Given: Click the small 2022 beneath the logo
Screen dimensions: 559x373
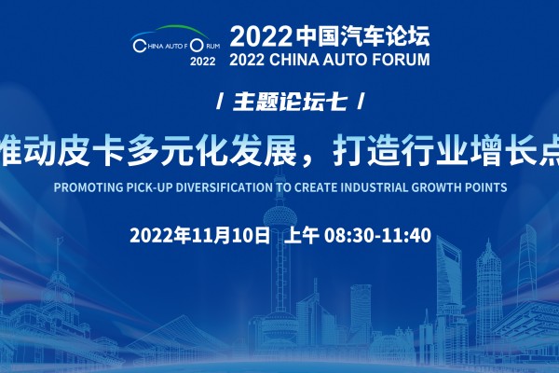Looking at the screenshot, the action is (x=202, y=62).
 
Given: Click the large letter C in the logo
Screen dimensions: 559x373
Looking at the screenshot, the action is (x=138, y=46).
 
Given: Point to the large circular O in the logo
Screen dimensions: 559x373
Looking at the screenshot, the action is (x=197, y=46).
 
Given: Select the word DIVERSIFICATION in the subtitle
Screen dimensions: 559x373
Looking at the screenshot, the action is (x=224, y=187).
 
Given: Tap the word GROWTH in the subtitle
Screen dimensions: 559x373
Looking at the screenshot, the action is (x=435, y=187).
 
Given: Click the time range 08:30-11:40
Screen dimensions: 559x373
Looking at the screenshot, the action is (x=377, y=236).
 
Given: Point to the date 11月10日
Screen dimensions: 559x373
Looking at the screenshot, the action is (x=231, y=236).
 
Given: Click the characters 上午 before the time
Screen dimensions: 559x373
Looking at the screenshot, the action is (x=301, y=236).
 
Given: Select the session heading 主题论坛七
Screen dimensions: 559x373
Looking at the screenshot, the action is (x=290, y=102).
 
